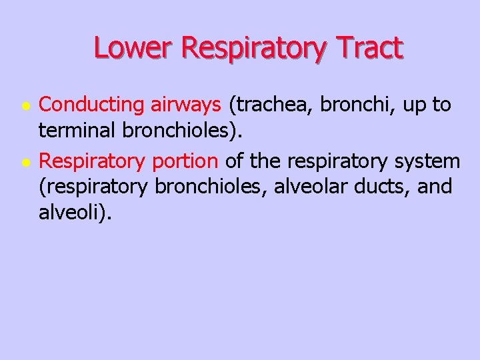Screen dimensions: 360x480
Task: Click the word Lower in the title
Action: coord(133,48)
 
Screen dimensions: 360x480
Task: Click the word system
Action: coord(427,161)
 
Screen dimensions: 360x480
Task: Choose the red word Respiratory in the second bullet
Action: coord(93,161)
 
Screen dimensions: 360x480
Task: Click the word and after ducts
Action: coord(435,187)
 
